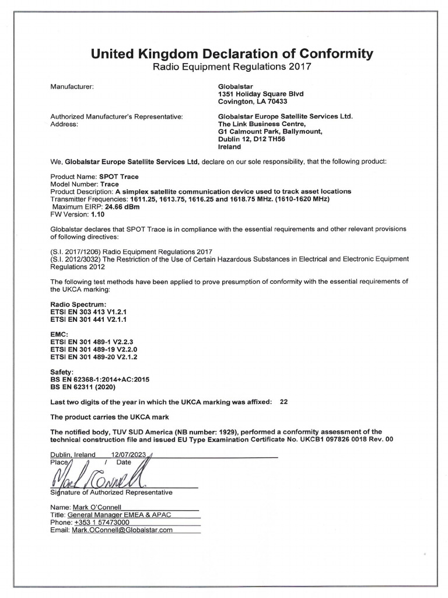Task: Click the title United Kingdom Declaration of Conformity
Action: (232, 54)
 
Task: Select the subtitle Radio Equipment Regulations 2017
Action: (232, 67)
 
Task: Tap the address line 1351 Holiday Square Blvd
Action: (260, 93)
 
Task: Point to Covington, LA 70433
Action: (249, 101)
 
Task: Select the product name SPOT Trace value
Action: (121, 176)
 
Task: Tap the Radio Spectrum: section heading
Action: (78, 305)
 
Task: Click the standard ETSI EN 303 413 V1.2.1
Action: (89, 312)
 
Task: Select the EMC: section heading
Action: (60, 333)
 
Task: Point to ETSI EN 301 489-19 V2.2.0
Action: (94, 349)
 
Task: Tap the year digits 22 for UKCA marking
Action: (284, 402)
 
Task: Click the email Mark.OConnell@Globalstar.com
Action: (123, 530)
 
